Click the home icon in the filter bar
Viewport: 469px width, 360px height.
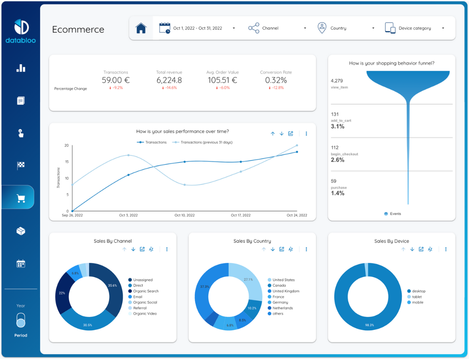coord(141,28)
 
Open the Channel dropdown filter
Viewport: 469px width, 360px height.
coord(277,28)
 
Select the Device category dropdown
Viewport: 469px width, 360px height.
coord(414,28)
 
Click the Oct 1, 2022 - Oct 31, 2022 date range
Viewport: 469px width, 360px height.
coord(197,28)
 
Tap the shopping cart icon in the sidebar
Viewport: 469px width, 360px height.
coord(21,198)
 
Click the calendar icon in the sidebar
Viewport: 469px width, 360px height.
coord(21,263)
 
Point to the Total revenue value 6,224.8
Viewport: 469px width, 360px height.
coord(169,80)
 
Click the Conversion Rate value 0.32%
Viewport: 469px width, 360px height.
coord(276,80)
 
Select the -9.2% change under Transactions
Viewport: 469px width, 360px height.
coord(116,88)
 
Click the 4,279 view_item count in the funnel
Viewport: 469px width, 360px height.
coord(337,80)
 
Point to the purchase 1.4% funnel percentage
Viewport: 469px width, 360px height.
coord(338,193)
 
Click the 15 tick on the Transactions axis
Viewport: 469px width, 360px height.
coord(67,162)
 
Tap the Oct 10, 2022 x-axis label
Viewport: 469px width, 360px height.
coord(184,215)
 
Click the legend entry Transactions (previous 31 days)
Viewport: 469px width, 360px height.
coord(206,142)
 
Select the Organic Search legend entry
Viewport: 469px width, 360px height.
coord(146,291)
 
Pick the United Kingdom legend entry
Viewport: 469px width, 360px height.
coord(286,291)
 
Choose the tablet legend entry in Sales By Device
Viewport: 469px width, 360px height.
coord(416,297)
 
